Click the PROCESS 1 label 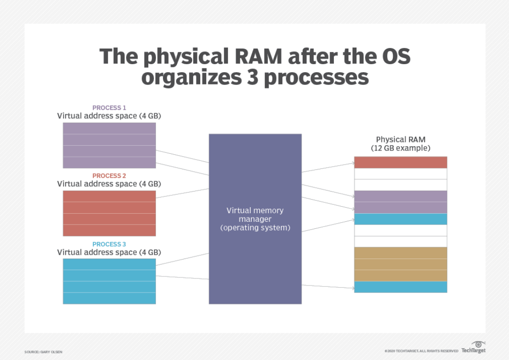click(109, 108)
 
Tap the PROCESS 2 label click(109, 176)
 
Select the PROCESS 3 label click(109, 244)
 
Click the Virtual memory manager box click(255, 218)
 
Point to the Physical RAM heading click(400, 140)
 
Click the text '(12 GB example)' click(400, 148)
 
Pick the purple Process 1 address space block click(109, 145)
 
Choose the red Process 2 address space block click(109, 213)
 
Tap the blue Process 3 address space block click(109, 281)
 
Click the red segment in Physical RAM click(400, 162)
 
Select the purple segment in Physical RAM click(400, 202)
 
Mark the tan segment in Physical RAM click(400, 264)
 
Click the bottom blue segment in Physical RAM click(400, 287)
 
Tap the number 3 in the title click(251, 77)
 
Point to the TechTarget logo click(474, 348)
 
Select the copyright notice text click(421, 351)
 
